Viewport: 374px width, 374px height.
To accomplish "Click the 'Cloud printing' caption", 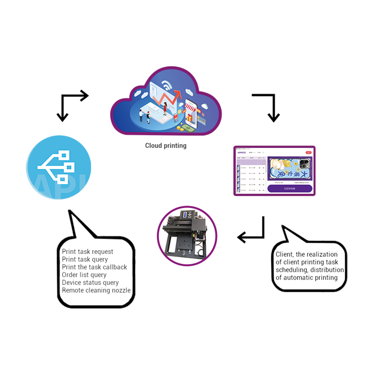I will tap(165, 146).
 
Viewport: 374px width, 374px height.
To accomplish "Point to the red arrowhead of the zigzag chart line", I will tap(180, 95).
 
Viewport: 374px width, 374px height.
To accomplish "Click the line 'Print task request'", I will tap(87, 251).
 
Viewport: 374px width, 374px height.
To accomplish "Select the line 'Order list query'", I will tap(84, 275).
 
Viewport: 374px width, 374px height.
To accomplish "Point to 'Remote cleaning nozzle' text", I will tap(96, 290).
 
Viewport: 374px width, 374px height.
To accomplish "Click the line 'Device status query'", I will tap(90, 283).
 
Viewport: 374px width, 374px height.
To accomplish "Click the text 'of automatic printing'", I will tap(306, 277).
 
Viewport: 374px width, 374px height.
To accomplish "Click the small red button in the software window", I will tap(308, 153).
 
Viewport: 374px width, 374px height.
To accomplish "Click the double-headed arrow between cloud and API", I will tap(71, 104).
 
